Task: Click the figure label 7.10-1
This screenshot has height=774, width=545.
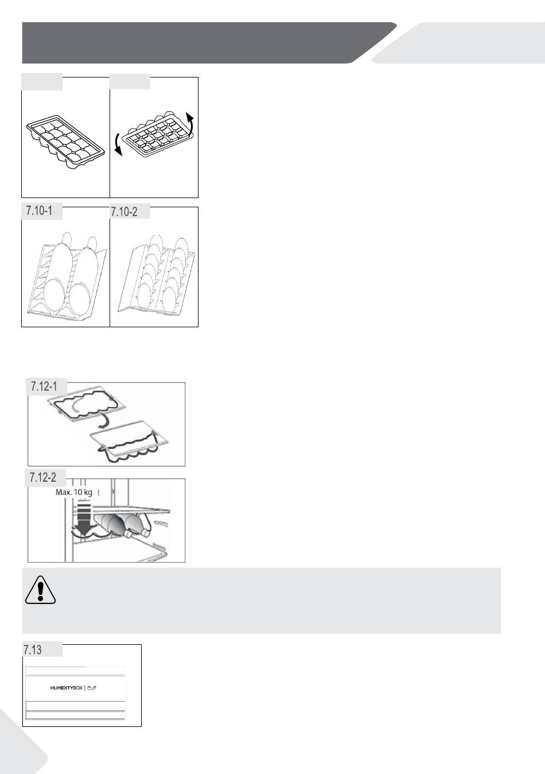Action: [x=39, y=210]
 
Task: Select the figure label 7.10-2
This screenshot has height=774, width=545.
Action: [x=124, y=212]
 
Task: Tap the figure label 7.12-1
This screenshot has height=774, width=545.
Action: [x=44, y=386]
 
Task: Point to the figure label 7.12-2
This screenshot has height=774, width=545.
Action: [x=43, y=478]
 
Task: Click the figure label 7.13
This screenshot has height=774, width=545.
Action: [x=33, y=650]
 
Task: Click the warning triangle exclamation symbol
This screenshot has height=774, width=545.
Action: [x=40, y=590]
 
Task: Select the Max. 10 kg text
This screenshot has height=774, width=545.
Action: [x=74, y=492]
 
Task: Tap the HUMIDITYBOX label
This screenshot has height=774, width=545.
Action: [x=67, y=688]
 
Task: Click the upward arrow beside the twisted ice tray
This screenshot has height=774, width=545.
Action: [x=189, y=123]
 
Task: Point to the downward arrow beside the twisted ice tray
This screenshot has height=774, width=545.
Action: [x=118, y=145]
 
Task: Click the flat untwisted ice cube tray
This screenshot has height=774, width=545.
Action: [x=65, y=142]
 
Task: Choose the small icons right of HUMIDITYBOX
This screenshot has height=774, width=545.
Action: [x=91, y=688]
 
